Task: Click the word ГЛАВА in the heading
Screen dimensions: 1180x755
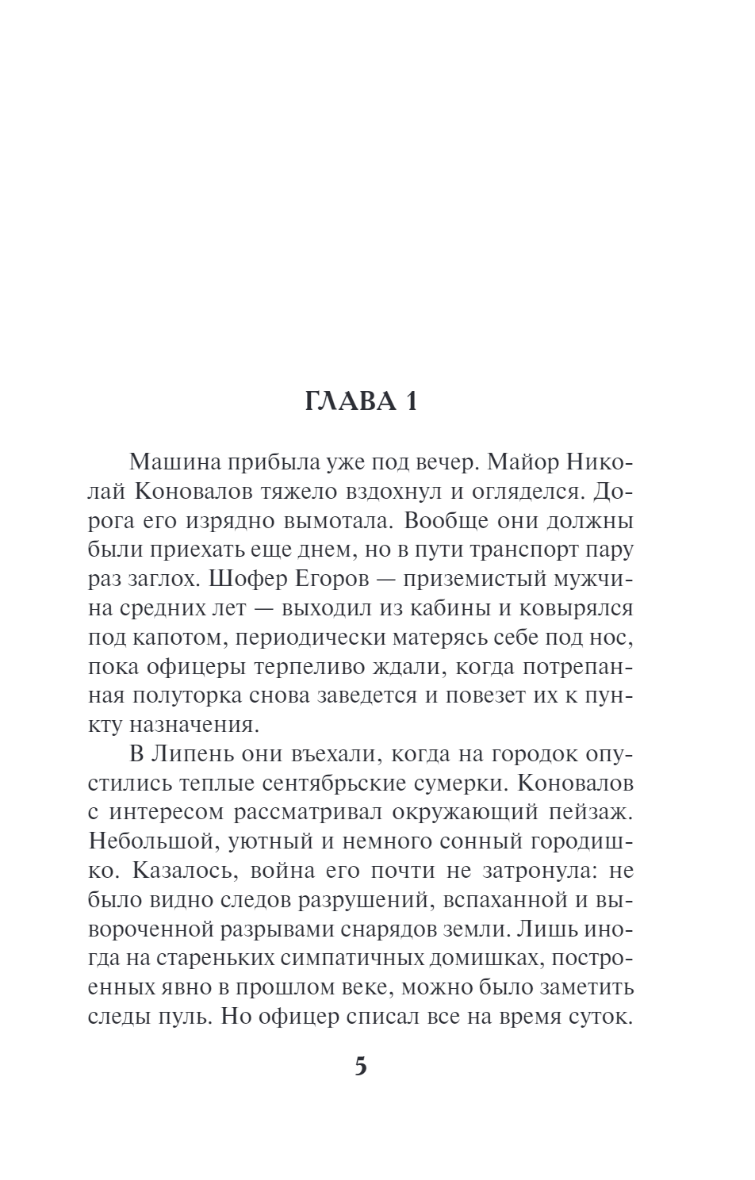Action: (349, 402)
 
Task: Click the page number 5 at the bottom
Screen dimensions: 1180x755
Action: (361, 1066)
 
